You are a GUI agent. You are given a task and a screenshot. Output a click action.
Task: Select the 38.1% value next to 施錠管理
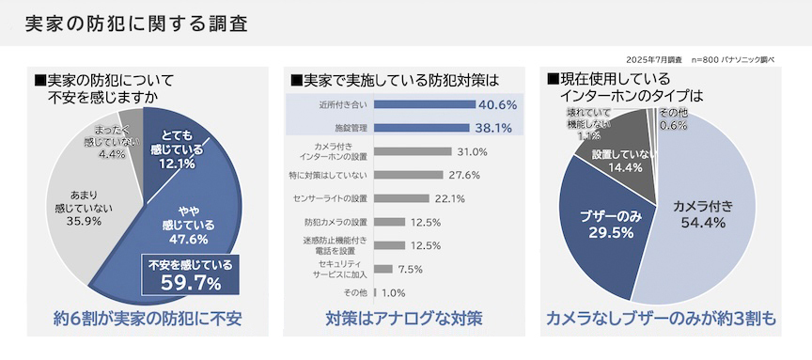pyautogui.click(x=494, y=127)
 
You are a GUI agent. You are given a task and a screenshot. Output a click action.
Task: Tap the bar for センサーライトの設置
pyautogui.click(x=402, y=198)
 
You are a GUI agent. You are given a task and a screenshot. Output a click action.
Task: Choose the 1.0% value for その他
pyautogui.click(x=394, y=292)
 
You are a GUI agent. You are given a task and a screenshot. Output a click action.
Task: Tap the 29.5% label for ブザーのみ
pyautogui.click(x=604, y=232)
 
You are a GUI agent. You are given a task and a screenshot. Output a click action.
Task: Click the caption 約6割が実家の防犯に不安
pyautogui.click(x=148, y=320)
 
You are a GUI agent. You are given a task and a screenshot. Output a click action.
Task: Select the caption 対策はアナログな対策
pyautogui.click(x=405, y=320)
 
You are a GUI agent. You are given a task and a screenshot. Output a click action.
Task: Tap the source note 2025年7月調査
pyautogui.click(x=655, y=58)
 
